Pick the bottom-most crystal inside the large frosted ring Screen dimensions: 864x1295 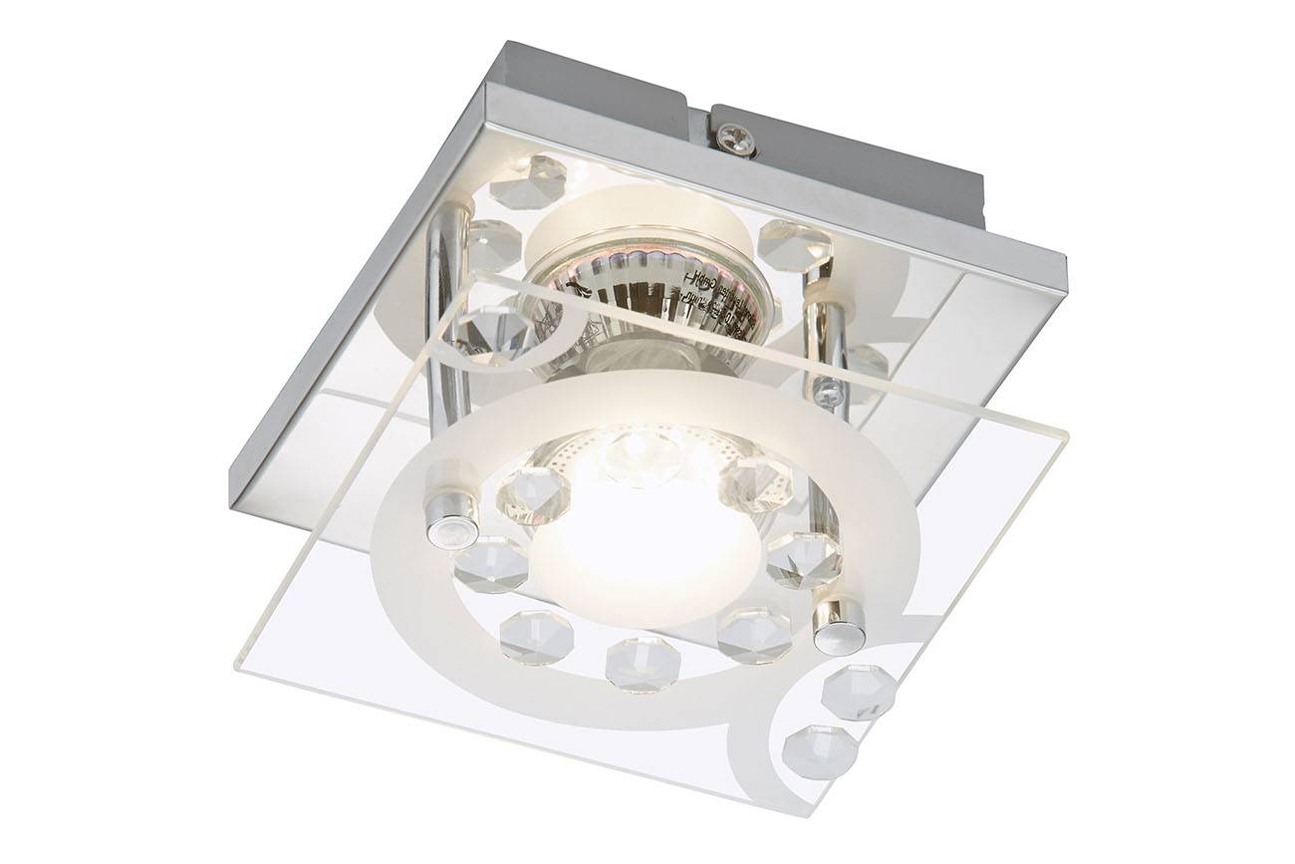click(x=643, y=663)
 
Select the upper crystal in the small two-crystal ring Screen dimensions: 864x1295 click(x=858, y=692)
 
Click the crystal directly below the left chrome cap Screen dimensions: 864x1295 click(x=491, y=564)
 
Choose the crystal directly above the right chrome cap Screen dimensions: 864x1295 click(x=804, y=557)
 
